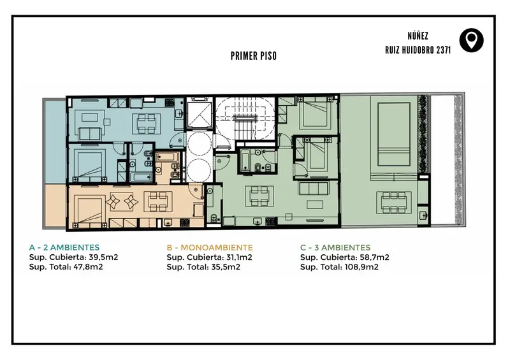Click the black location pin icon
[471, 40]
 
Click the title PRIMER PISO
[254, 56]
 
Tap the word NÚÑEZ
[418, 36]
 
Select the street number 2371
[444, 50]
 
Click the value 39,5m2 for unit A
[103, 257]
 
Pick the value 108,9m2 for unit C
[361, 267]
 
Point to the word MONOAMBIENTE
[217, 247]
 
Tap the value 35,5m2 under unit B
[226, 267]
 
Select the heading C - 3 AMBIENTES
[335, 247]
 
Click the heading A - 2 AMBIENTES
[64, 247]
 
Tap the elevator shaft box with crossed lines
[200, 113]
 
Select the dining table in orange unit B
[158, 201]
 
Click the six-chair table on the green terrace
[394, 202]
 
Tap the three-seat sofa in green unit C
[314, 189]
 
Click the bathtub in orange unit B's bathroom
[167, 157]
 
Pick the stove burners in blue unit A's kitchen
[170, 103]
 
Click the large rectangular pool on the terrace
[393, 134]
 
